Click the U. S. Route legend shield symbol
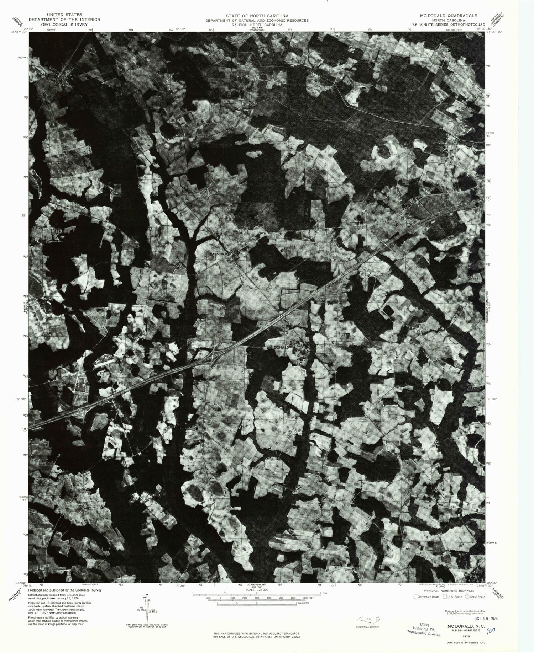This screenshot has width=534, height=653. (445, 596)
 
